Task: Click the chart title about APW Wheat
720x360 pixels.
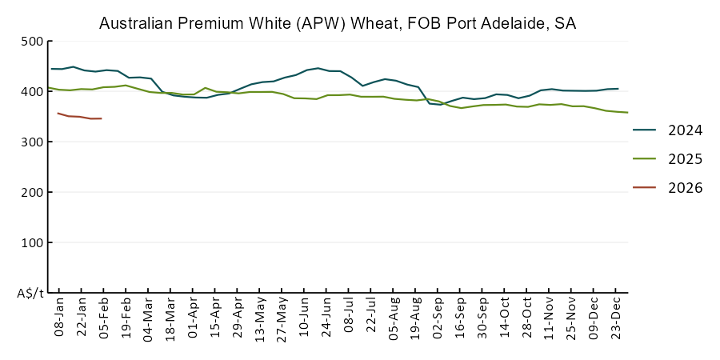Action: click(x=338, y=23)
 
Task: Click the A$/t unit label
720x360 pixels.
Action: click(x=30, y=294)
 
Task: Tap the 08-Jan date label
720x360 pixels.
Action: click(x=59, y=320)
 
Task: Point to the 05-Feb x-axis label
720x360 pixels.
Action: click(x=104, y=320)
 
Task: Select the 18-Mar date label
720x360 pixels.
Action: click(x=170, y=320)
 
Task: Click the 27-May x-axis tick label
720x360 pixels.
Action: click(x=282, y=320)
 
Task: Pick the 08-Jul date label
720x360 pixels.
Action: click(x=348, y=320)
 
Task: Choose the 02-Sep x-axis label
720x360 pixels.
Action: click(x=438, y=320)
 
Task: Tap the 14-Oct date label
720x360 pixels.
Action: click(x=504, y=320)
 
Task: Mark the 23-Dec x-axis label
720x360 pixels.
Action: click(x=615, y=320)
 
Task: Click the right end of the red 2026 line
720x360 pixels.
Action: click(x=101, y=118)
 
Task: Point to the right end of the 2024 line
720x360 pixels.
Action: click(x=618, y=89)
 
